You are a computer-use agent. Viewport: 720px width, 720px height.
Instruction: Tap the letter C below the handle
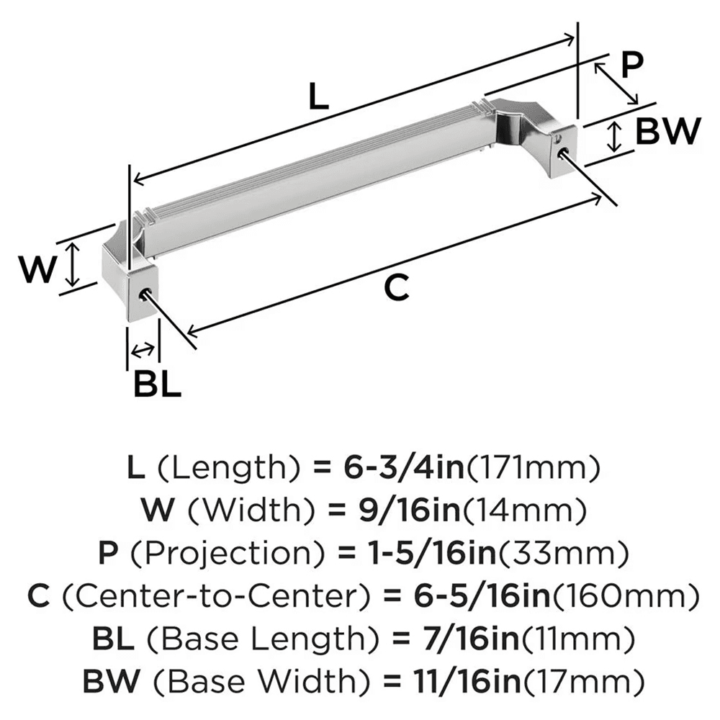point(397,289)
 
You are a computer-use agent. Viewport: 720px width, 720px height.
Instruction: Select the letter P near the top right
point(631,66)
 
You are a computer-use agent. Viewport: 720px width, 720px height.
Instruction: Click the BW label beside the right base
point(669,132)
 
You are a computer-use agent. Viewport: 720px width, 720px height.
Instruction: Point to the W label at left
point(37,271)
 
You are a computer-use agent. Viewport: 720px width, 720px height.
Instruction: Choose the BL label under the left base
point(156,385)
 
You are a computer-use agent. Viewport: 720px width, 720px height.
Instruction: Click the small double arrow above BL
point(143,350)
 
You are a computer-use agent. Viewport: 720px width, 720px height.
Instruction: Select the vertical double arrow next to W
point(71,264)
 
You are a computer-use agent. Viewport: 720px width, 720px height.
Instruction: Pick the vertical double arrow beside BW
point(614,137)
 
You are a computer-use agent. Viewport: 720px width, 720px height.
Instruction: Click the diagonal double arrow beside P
point(616,83)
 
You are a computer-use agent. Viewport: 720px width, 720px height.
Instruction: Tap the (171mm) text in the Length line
point(534,469)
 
